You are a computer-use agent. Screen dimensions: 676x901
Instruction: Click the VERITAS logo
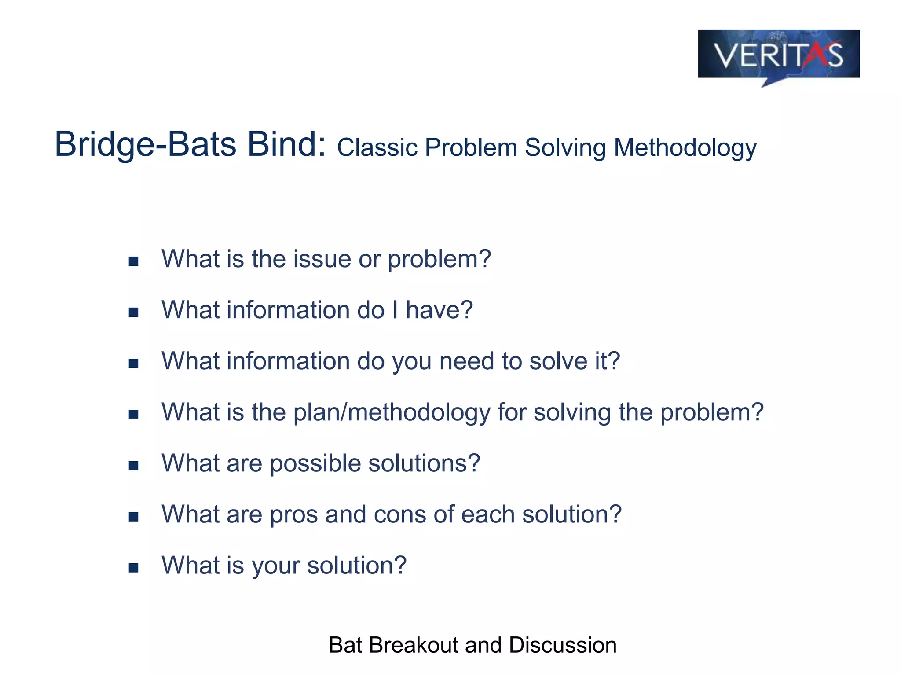coord(778,55)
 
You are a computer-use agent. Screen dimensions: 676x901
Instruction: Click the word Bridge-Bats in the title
coord(145,145)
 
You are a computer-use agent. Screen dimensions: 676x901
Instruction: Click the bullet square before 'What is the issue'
coord(133,261)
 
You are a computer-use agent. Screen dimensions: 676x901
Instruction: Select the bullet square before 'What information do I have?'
coord(133,312)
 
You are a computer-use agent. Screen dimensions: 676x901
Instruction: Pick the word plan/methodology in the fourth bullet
coord(392,413)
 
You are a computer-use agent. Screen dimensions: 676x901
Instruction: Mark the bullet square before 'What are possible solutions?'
coord(133,466)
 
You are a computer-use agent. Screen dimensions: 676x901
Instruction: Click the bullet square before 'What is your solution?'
coord(133,568)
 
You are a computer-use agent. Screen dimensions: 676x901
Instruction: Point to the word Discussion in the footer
coord(563,645)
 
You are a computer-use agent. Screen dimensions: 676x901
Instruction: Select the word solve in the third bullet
coord(558,361)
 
